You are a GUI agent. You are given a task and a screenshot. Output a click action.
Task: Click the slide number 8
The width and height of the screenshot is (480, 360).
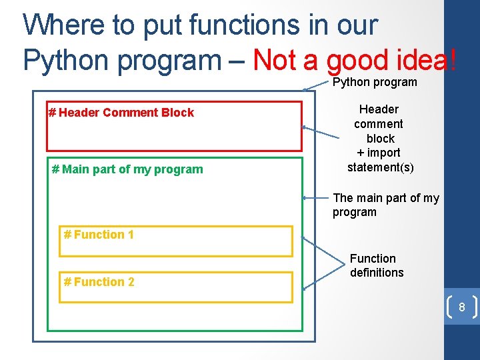[461, 308]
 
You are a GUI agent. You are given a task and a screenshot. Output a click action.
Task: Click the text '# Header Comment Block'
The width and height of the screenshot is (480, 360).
[121, 113]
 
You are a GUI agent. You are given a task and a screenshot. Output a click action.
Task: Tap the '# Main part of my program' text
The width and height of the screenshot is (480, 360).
[127, 169]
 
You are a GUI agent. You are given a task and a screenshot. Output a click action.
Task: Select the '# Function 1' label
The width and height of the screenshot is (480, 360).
[99, 235]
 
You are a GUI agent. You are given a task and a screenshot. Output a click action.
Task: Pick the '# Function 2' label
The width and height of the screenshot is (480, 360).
[99, 282]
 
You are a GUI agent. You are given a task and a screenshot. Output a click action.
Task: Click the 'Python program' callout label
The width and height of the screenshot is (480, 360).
[375, 82]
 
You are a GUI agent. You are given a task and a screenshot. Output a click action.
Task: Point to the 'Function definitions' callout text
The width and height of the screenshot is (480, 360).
[376, 265]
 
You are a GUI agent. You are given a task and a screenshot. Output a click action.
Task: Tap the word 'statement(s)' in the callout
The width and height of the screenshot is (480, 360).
[381, 167]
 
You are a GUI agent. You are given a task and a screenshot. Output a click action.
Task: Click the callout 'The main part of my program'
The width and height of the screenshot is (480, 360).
[385, 205]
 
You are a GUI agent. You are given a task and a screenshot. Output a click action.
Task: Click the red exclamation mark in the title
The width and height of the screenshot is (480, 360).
[453, 61]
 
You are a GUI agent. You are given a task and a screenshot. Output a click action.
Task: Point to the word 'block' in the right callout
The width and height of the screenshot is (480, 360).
[381, 139]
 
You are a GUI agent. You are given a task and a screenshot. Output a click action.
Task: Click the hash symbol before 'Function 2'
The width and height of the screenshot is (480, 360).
[67, 282]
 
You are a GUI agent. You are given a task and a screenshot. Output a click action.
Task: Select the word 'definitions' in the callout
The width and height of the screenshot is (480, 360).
[377, 273]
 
